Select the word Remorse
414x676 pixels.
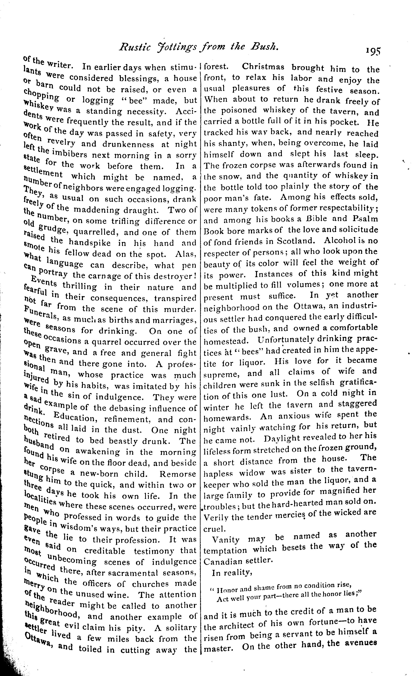[178, 474]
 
